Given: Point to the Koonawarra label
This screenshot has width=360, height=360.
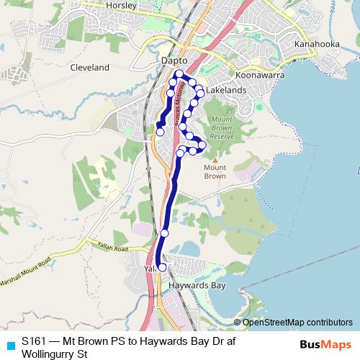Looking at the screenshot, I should coord(258,74).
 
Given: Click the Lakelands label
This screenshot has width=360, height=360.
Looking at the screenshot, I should coord(226,91).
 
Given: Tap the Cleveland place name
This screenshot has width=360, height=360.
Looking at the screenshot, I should coord(90,68).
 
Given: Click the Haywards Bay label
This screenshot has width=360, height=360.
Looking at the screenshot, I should coord(193,285).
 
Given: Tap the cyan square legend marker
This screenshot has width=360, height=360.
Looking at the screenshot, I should coord(9,343).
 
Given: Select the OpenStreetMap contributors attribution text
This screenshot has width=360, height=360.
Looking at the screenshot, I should coord(297,323).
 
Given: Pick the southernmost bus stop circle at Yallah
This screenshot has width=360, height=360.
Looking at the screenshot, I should coord(162,267).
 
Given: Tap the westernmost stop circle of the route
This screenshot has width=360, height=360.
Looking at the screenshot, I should coord(160,132).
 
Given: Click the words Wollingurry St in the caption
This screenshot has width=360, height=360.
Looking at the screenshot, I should coord(55,354).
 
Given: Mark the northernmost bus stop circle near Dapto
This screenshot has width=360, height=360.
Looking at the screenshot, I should coord(179,74).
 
